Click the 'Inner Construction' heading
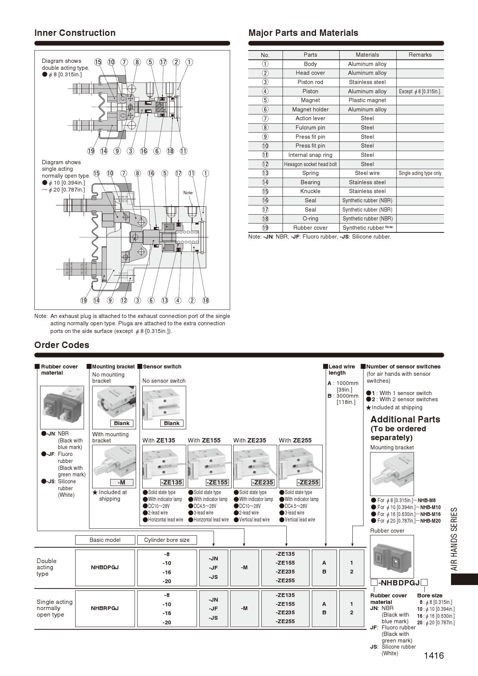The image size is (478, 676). tap(75, 33)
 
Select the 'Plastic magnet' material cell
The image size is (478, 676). tap(367, 100)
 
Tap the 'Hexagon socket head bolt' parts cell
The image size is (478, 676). tap(310, 164)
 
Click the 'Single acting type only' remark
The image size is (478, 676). tap(420, 173)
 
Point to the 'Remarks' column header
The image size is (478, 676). tap(420, 55)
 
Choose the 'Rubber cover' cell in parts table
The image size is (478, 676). tap(310, 228)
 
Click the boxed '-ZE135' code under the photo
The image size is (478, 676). tap(172, 482)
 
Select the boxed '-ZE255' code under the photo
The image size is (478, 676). tap(308, 482)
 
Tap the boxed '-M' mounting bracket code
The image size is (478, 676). tap(121, 482)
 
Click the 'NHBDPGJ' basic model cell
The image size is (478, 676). tap(105, 567)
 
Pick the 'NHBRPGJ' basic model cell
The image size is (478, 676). tap(105, 608)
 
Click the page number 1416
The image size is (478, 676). tap(434, 655)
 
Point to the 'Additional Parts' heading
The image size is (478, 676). tap(405, 419)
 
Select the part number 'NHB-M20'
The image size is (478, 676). tap(430, 521)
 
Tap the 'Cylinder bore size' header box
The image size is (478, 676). tap(167, 540)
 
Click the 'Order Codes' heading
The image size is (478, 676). tap(62, 345)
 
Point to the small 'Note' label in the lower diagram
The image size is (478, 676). tap(188, 193)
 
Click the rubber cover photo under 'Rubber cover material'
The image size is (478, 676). tap(62, 407)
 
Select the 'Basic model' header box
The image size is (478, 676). tap(105, 540)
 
